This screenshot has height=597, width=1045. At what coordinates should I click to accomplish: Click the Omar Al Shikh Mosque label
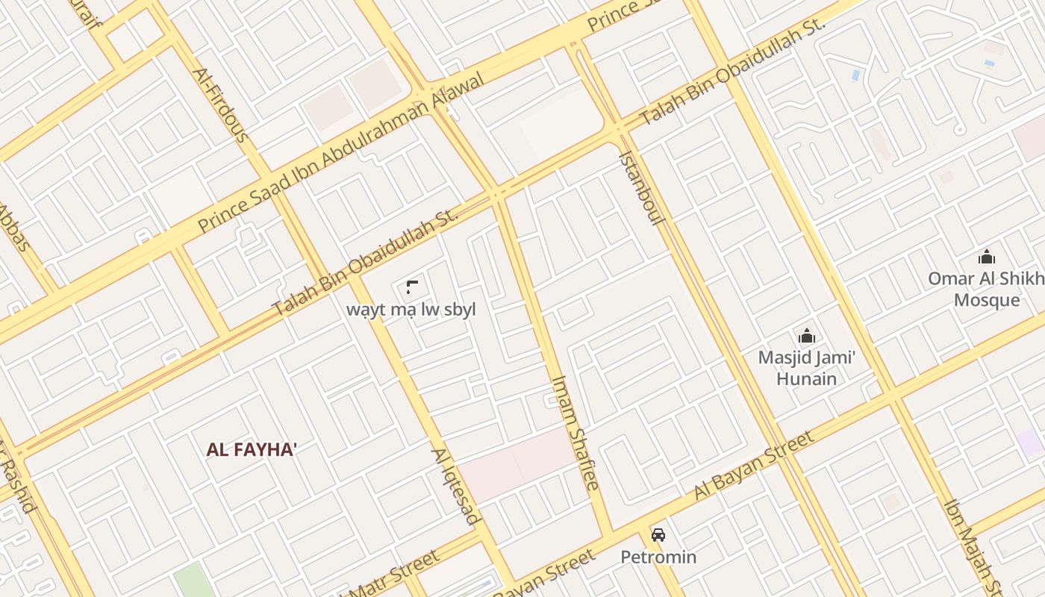point(986,290)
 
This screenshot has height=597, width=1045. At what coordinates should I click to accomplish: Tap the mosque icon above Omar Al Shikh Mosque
point(986,257)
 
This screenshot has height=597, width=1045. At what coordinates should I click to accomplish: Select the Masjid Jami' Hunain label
point(806,368)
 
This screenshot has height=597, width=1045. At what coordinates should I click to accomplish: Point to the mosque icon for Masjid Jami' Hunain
point(806,336)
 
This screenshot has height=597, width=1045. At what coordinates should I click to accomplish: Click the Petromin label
point(658,557)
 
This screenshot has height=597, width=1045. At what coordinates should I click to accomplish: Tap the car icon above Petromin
point(658,534)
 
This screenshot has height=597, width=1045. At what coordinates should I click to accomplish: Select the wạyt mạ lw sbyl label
point(411,310)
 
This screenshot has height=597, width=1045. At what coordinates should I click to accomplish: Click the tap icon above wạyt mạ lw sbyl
point(411,287)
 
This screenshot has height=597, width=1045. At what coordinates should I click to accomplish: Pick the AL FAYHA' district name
point(252,449)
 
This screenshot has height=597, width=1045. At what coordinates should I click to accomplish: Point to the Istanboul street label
point(641,190)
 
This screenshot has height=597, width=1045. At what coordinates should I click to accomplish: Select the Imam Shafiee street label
point(575,432)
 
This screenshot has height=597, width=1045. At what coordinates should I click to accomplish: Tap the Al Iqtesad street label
point(455,487)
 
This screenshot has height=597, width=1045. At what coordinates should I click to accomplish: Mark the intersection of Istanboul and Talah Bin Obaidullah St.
point(619,129)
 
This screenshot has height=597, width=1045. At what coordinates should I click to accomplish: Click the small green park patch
point(193,581)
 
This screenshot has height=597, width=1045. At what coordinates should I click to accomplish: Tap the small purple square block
point(1031,443)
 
